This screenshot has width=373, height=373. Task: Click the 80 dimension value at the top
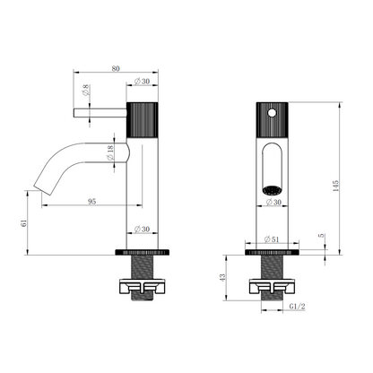click(x=116, y=68)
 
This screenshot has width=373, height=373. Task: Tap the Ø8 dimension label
click(x=86, y=90)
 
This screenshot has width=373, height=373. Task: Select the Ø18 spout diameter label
click(x=110, y=152)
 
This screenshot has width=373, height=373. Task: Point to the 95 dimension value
click(x=92, y=202)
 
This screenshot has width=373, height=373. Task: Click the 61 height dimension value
click(x=23, y=223)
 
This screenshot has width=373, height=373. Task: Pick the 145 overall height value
click(x=335, y=186)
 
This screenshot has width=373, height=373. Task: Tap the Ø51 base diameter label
click(x=272, y=239)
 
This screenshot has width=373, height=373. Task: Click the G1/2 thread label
click(x=298, y=307)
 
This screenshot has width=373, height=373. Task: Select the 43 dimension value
click(x=222, y=277)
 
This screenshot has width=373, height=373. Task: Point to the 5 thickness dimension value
click(x=321, y=236)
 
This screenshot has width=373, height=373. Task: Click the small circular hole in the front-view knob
click(x=272, y=113)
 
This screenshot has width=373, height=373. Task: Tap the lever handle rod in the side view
click(x=100, y=113)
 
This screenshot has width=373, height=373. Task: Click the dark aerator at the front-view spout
click(x=272, y=189)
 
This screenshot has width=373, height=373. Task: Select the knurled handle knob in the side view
click(x=143, y=120)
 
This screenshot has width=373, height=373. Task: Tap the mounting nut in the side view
click(x=143, y=286)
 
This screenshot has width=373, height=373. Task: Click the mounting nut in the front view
click(x=272, y=286)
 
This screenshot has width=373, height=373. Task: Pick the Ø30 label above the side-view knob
click(x=142, y=81)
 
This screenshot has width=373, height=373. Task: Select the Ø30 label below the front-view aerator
click(x=273, y=202)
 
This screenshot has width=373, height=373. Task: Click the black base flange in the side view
click(x=143, y=252)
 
